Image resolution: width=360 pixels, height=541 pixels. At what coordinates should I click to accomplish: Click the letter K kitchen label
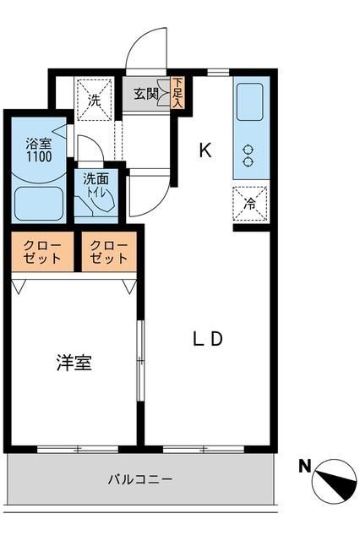[x=205, y=150]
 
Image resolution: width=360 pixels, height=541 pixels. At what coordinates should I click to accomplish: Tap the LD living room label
[x=208, y=339]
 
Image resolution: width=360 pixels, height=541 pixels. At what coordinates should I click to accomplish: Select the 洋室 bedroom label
[x=74, y=363]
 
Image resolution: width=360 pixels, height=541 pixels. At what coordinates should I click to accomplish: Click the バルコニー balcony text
[x=140, y=479]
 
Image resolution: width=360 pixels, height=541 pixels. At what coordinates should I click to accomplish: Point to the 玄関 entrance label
[x=146, y=94]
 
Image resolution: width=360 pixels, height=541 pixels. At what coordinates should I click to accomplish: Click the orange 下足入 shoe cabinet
[x=177, y=93]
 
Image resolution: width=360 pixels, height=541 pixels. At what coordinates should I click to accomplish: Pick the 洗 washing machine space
[x=95, y=100]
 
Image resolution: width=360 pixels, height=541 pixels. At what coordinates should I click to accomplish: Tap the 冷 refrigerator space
[x=250, y=204]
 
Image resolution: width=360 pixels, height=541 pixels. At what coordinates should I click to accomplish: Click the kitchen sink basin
[x=250, y=101]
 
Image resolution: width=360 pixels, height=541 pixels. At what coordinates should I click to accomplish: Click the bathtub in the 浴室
[x=38, y=204]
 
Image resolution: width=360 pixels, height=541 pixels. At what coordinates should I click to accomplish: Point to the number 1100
[x=39, y=157]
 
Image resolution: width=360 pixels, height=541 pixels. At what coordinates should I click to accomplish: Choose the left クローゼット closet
[x=42, y=252]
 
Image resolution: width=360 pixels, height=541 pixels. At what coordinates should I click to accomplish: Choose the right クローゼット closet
[x=109, y=252]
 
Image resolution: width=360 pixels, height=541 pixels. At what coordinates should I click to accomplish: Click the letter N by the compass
[x=304, y=467]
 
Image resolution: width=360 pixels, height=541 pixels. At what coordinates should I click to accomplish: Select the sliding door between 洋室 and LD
[x=140, y=361]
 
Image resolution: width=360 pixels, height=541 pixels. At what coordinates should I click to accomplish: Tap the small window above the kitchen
[x=218, y=73]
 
